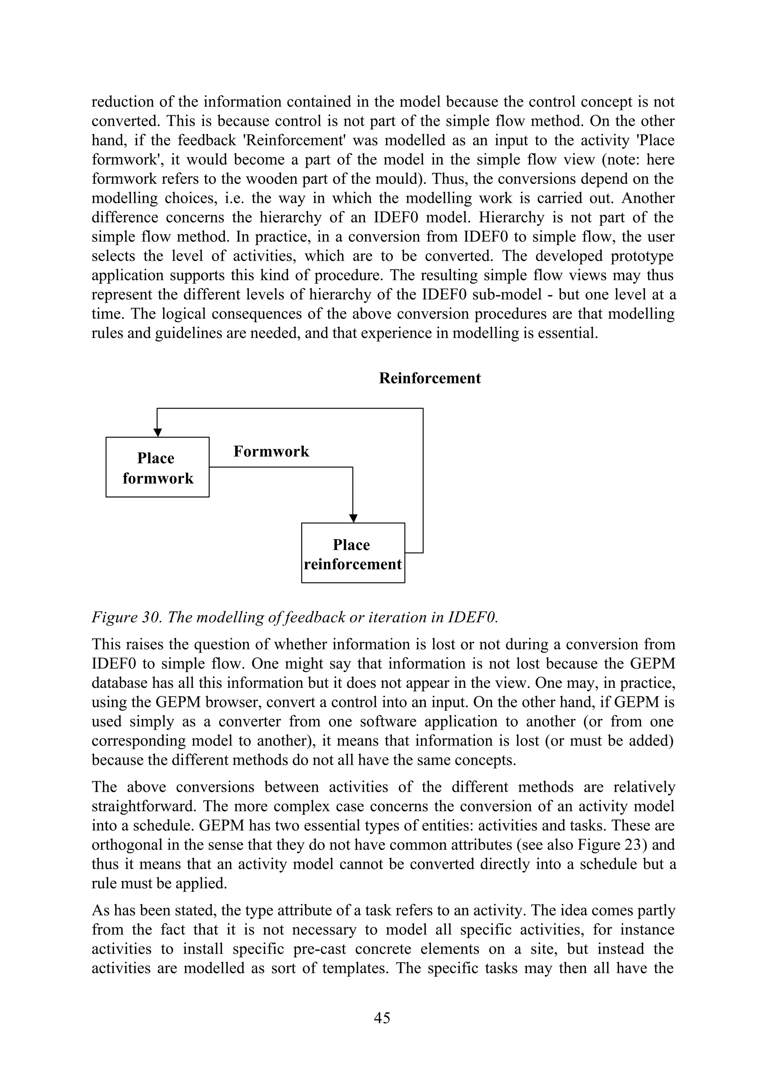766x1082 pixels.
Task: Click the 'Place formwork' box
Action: (157, 467)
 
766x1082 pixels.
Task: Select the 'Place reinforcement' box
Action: (353, 553)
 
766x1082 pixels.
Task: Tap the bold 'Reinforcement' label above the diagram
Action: (429, 378)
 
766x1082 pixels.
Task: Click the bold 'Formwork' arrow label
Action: (271, 451)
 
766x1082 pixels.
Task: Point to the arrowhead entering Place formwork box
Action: (157, 432)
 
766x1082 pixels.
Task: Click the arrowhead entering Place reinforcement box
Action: (353, 518)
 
